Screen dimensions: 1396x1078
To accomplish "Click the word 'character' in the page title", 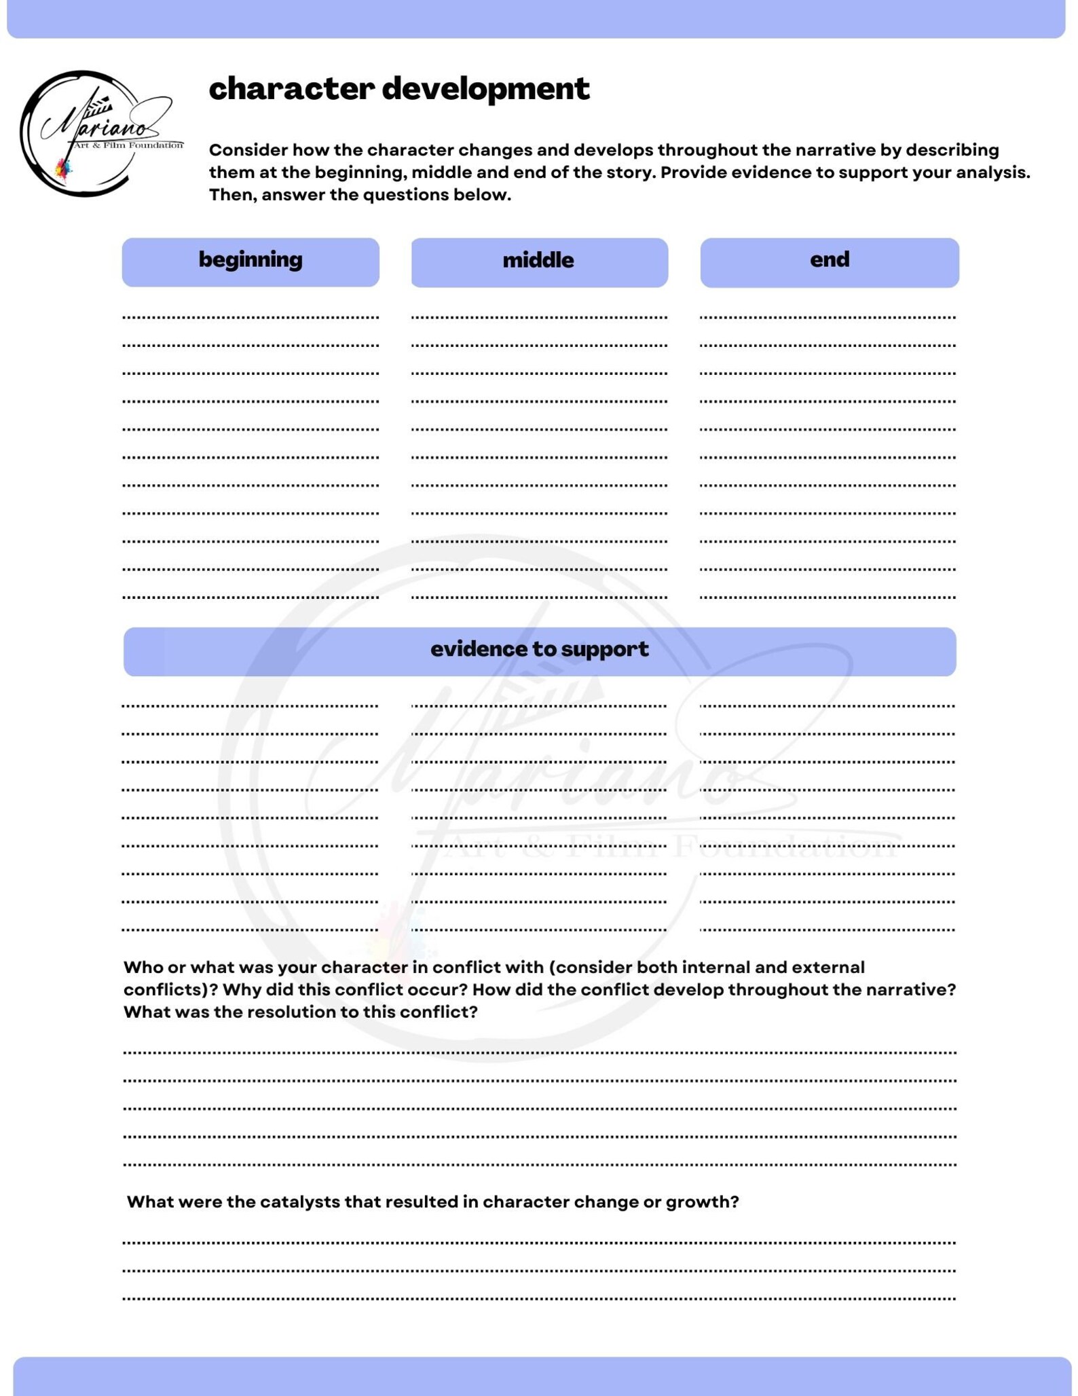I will point(291,89).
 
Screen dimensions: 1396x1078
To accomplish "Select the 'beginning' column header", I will point(250,260).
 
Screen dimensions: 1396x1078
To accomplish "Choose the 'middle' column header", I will point(538,261).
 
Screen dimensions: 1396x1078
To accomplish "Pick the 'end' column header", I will point(830,260).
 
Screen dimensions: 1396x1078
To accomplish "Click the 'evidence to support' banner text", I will point(539,650).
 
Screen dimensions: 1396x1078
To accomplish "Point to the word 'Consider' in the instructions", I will point(248,150).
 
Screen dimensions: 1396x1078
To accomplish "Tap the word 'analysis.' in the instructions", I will point(992,172).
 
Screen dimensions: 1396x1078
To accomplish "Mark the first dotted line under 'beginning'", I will point(250,317).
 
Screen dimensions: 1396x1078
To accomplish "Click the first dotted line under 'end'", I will point(828,317).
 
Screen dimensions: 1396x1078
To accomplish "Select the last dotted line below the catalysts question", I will point(539,1299).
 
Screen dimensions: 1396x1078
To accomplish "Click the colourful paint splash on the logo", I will point(64,168).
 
